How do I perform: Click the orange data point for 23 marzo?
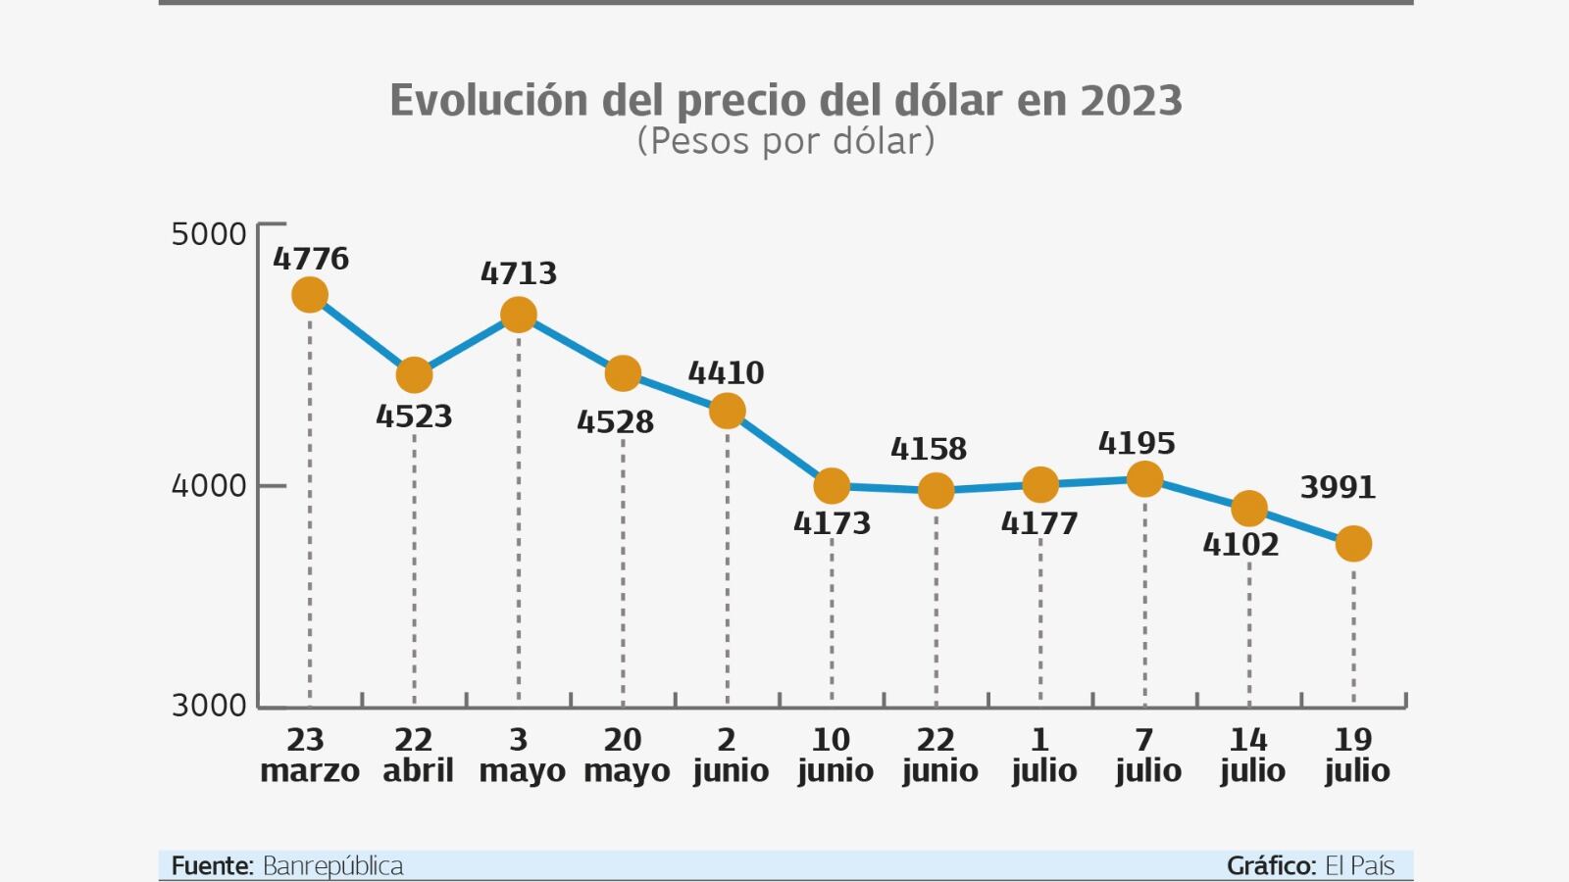coord(310,295)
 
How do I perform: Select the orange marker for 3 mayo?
coord(519,315)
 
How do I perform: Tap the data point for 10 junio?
coord(832,485)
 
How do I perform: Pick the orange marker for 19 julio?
coord(1353,543)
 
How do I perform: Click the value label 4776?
coord(311,259)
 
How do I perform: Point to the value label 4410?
coord(726,373)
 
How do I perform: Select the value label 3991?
coord(1338,487)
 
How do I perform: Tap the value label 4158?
coord(928,449)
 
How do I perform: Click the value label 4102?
coord(1240,545)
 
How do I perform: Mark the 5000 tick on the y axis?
coord(209,234)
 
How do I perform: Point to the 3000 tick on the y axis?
coord(209,706)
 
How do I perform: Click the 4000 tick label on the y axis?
coord(209,486)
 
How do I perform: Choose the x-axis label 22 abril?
coord(417,755)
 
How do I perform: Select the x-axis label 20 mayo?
coord(626,755)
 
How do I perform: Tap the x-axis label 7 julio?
coord(1146,755)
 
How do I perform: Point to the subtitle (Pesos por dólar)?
coord(785,141)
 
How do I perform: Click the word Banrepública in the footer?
coord(332,866)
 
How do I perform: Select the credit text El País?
coord(1359,866)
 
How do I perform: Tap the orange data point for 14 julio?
coord(1249,509)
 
